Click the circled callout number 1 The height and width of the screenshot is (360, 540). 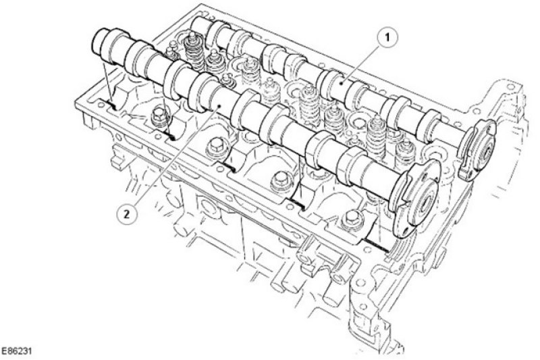(387, 38)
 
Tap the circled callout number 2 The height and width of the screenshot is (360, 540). (126, 214)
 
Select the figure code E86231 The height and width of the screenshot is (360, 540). (16, 351)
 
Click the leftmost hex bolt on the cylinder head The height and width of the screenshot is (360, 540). (159, 116)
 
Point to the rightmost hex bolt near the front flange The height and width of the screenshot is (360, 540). (351, 220)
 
